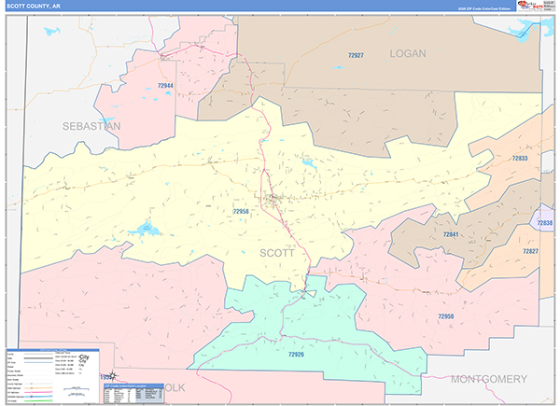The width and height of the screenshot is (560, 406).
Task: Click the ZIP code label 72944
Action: [165, 86]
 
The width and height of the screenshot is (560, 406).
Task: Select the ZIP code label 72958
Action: [241, 212]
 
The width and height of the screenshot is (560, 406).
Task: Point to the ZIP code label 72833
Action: [520, 159]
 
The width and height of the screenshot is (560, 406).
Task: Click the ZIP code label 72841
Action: [451, 234]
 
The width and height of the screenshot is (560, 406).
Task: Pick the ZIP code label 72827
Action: [530, 252]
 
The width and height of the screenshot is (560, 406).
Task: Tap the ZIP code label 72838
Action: [546, 223]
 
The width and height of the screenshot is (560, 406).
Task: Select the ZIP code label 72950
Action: [445, 316]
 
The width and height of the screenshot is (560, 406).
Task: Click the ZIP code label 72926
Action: [297, 355]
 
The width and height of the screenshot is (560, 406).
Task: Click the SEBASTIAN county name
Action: [91, 125]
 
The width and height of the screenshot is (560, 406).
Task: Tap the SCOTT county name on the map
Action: [276, 252]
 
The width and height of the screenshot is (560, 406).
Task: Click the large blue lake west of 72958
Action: [146, 228]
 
